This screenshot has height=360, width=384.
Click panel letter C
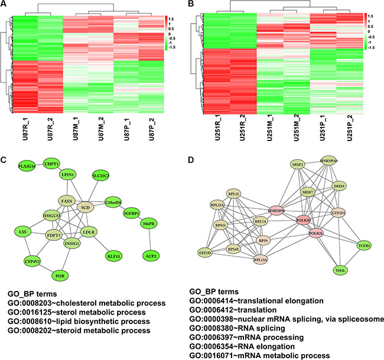click(5, 158)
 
